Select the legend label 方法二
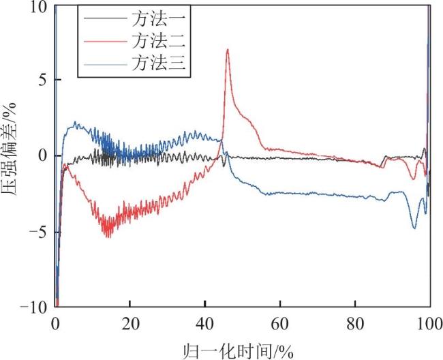159,41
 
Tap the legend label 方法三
159,63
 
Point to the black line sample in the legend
105,18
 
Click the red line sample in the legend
105,42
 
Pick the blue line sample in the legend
105,64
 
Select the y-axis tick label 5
42,80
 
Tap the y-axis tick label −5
37,232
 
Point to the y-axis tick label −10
33,307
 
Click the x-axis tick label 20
131,325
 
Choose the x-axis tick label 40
205,325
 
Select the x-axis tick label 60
280,325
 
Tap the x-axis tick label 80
355,325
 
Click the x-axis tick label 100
430,325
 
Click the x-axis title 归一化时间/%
239,351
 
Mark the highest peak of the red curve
228,50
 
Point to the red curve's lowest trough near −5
109,237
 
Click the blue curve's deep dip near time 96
414,228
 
